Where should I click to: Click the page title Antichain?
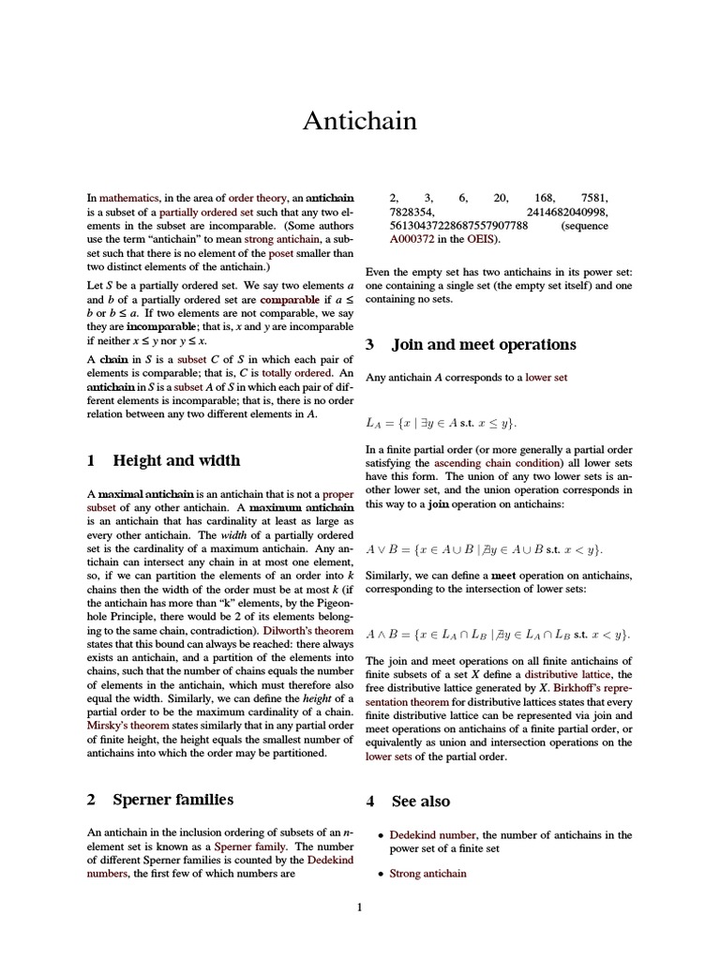click(x=359, y=121)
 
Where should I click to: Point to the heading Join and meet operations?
click(x=484, y=344)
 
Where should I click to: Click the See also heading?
click(x=420, y=802)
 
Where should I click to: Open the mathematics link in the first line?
click(x=129, y=198)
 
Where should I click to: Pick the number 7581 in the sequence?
click(x=594, y=198)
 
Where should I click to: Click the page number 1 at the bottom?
click(x=359, y=907)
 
